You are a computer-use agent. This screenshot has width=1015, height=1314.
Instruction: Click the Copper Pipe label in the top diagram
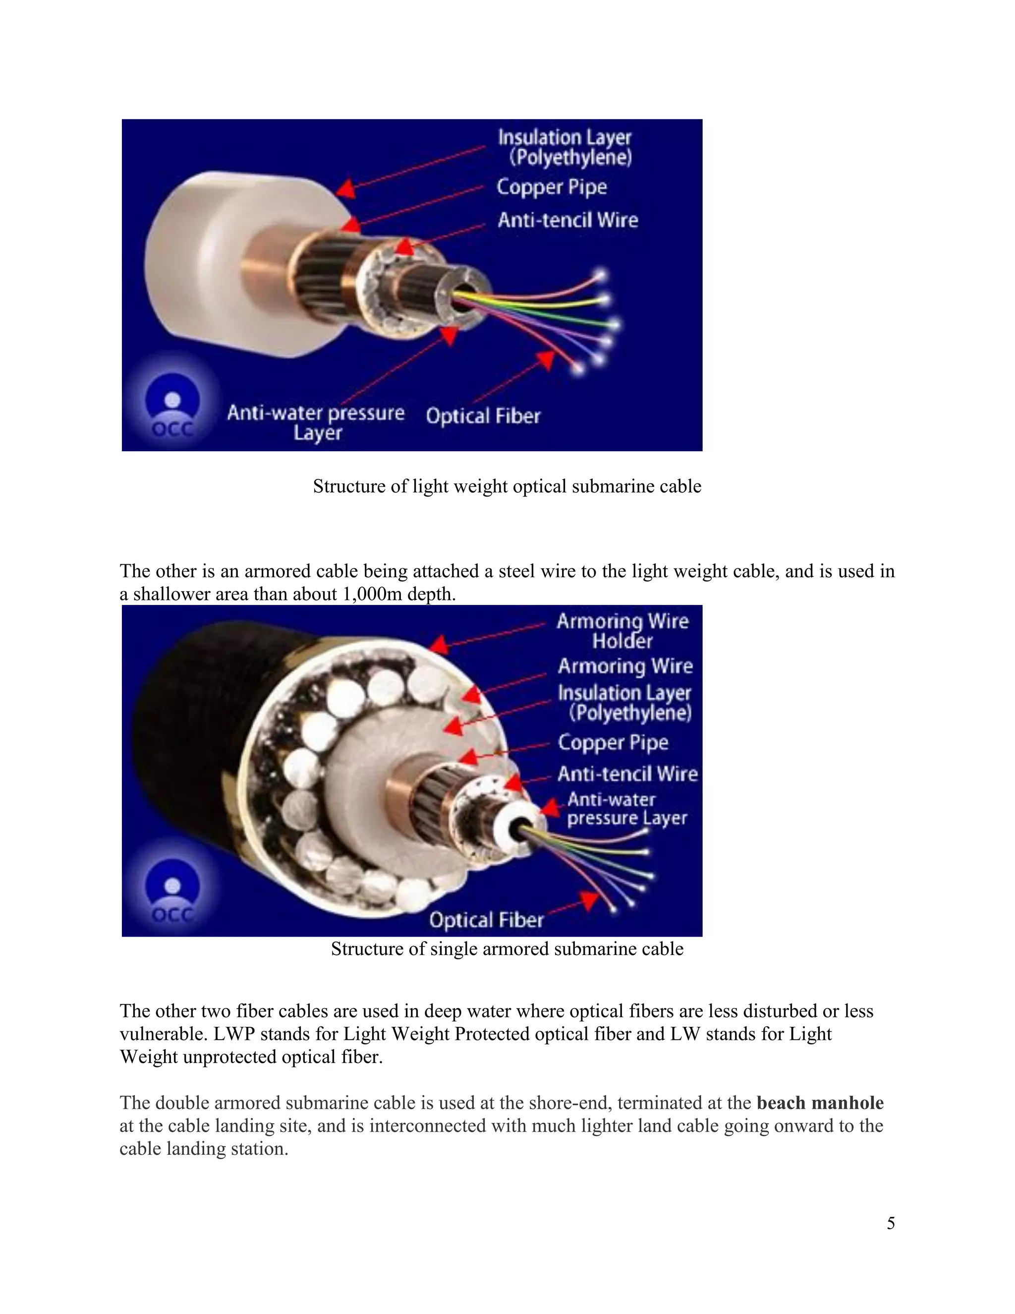[552, 187]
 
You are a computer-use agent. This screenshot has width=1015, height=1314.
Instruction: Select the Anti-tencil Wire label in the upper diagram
[567, 220]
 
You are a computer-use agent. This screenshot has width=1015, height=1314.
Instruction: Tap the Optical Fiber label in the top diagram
[483, 416]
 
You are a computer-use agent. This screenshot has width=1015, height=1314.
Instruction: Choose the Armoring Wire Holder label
[622, 631]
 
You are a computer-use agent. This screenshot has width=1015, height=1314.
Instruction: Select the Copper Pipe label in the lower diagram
[613, 742]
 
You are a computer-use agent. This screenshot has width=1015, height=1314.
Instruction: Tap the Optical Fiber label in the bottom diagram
[486, 919]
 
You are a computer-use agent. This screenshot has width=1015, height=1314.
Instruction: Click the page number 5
[891, 1223]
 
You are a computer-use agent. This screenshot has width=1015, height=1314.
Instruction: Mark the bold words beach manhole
[820, 1103]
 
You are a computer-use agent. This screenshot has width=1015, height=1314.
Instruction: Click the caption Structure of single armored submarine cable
[507, 949]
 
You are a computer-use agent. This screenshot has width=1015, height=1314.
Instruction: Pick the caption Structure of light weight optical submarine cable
[507, 486]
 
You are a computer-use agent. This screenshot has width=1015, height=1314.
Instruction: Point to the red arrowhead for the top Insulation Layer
[345, 188]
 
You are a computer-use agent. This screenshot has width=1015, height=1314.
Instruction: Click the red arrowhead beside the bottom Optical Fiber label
[589, 900]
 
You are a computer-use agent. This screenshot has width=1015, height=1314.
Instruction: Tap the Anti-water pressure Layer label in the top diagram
[316, 422]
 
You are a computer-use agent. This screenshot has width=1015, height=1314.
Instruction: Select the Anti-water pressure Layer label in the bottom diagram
[626, 809]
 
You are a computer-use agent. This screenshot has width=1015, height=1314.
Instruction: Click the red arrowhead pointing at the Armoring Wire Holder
[440, 645]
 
